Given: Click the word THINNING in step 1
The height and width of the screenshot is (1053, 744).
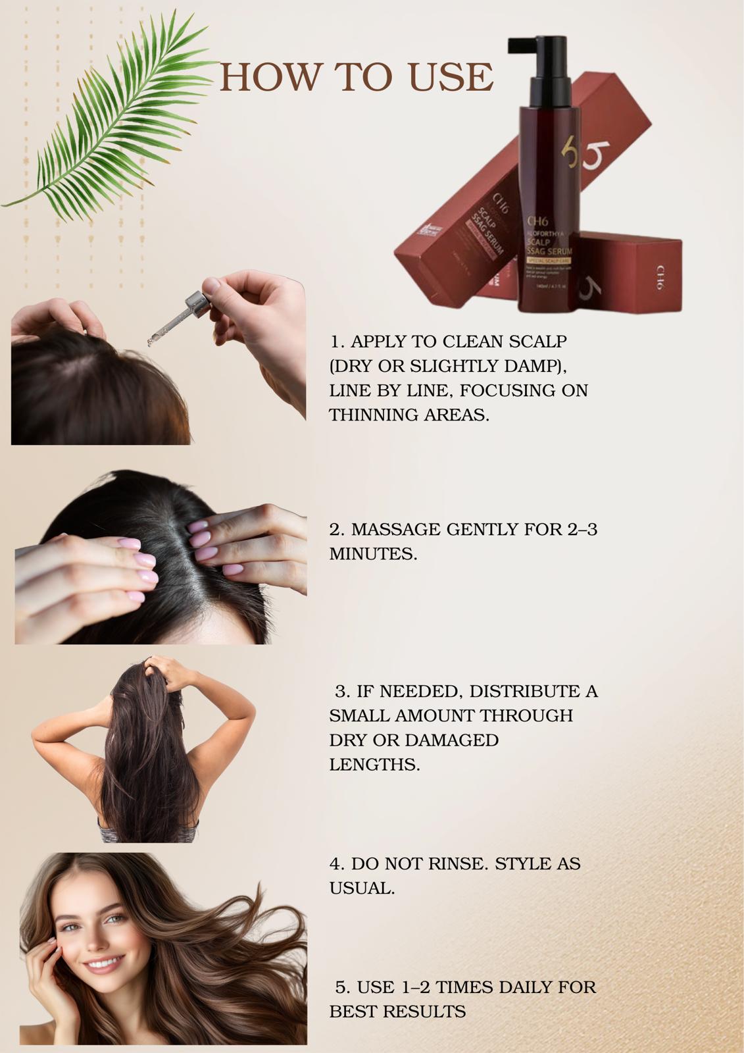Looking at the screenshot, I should point(369,415).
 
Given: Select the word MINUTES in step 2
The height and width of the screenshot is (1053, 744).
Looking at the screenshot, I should point(372,554).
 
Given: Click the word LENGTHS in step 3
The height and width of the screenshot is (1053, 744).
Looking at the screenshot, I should point(374,765).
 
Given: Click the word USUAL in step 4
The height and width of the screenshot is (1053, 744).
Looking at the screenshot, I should point(361,888).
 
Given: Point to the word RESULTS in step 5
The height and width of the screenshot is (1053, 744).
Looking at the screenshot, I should point(424,1012).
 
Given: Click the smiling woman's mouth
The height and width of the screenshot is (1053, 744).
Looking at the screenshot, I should point(101,965).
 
